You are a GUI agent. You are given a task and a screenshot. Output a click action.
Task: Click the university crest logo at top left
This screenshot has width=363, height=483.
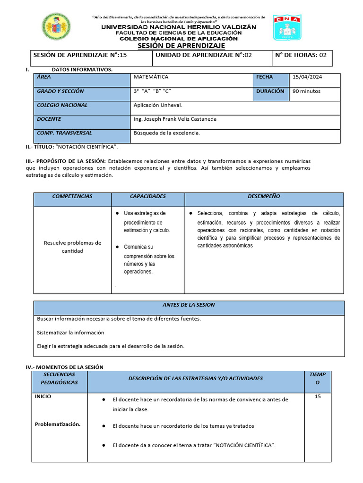[57, 27]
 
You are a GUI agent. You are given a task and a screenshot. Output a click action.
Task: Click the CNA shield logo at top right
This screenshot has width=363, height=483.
[287, 27]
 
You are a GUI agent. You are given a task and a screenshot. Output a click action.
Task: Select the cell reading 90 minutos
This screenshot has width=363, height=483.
[306, 91]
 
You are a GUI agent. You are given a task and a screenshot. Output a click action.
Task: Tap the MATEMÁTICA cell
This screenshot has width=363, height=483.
[151, 77]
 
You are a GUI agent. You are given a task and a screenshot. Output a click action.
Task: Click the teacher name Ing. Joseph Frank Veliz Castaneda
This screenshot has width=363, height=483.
[175, 119]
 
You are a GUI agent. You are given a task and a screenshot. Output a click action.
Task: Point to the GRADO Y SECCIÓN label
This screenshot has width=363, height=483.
[60, 91]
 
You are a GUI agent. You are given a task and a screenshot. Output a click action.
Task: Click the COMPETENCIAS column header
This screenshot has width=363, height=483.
[72, 196]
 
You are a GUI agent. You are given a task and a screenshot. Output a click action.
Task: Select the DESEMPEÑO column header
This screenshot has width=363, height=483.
[264, 196]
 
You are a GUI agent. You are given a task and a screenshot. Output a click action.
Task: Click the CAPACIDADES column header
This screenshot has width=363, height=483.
[147, 196]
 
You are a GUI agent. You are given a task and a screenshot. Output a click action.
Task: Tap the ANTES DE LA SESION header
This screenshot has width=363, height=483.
[189, 305]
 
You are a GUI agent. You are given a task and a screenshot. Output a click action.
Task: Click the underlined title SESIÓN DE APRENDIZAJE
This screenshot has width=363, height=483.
[181, 46]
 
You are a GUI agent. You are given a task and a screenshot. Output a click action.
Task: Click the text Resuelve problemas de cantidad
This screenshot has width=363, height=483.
[72, 247]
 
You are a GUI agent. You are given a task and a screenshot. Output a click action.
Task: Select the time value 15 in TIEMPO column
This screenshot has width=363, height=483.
[317, 397]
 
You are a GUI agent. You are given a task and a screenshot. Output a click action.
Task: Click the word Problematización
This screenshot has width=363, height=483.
[58, 424]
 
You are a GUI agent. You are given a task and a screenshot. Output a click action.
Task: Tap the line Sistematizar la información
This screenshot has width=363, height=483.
[70, 333]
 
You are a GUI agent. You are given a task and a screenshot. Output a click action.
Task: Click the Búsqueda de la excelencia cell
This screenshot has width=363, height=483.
[167, 133]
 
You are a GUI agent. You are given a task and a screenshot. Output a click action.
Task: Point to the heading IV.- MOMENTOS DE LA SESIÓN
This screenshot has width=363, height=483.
[64, 367]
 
